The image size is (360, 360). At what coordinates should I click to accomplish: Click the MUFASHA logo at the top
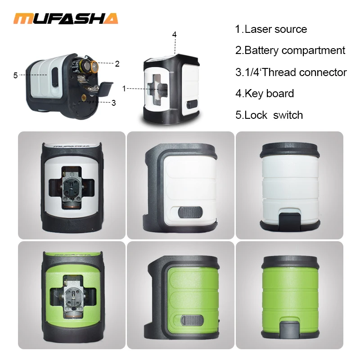66,18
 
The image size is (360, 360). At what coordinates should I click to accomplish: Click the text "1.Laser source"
271,29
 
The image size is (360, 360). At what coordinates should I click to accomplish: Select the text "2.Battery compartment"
290,50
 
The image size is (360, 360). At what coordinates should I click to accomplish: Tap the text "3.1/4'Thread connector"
291,72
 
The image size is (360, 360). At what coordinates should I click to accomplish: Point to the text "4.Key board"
265,94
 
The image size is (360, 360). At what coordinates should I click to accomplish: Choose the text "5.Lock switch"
269,115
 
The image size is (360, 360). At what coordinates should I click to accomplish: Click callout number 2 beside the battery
117,64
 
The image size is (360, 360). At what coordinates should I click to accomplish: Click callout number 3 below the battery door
113,103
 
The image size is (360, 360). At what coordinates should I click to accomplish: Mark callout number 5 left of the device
16,75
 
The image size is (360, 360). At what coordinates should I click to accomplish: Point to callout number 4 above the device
174,35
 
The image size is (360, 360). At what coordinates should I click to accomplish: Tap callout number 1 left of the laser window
124,89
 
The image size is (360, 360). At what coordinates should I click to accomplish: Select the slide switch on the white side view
189,212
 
